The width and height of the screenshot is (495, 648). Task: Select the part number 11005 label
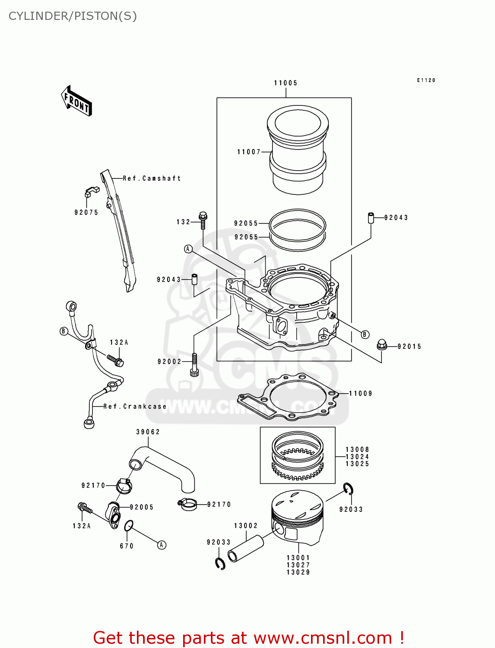point(286,83)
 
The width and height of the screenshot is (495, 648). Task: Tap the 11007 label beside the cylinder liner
point(249,152)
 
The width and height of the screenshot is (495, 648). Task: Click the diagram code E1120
point(426,80)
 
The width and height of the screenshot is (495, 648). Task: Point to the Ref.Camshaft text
point(152,178)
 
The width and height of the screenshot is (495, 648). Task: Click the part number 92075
point(86,213)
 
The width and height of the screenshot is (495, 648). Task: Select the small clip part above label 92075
point(91,191)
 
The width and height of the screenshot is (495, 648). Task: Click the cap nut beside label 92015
point(381,345)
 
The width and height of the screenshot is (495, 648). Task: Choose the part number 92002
point(169,362)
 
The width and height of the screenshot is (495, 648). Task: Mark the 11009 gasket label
point(360,394)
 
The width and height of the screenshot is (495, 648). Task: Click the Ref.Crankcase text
point(135,407)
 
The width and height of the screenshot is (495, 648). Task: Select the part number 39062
point(148,432)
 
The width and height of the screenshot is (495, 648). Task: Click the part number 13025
point(357,464)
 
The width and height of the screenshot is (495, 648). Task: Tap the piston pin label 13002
point(246,526)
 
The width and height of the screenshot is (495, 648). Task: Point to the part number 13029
point(298,572)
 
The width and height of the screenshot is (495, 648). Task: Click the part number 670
point(127,546)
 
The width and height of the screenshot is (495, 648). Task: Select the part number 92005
point(141,507)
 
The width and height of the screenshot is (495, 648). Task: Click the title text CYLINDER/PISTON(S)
point(73,16)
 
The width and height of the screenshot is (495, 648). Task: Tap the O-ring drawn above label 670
point(128,526)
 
